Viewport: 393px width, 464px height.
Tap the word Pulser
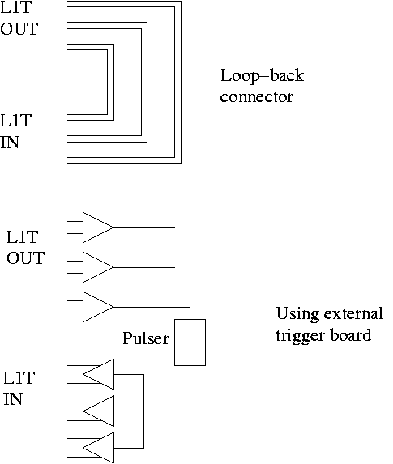point(146,338)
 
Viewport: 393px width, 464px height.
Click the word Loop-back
point(262,76)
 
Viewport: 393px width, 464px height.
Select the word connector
point(257,97)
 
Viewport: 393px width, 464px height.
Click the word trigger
point(300,336)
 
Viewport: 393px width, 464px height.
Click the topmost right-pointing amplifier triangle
point(98,228)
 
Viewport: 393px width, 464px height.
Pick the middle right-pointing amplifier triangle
point(98,267)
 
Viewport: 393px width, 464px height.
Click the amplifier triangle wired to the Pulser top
point(98,307)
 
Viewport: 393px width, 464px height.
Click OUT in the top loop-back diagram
point(19,29)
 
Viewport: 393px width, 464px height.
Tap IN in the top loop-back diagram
point(10,143)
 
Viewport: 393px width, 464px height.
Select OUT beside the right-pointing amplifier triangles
point(25,258)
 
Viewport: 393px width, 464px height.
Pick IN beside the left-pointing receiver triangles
point(13,399)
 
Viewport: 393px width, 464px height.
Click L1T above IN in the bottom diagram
point(19,378)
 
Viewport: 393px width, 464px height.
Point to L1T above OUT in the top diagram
point(15,7)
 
